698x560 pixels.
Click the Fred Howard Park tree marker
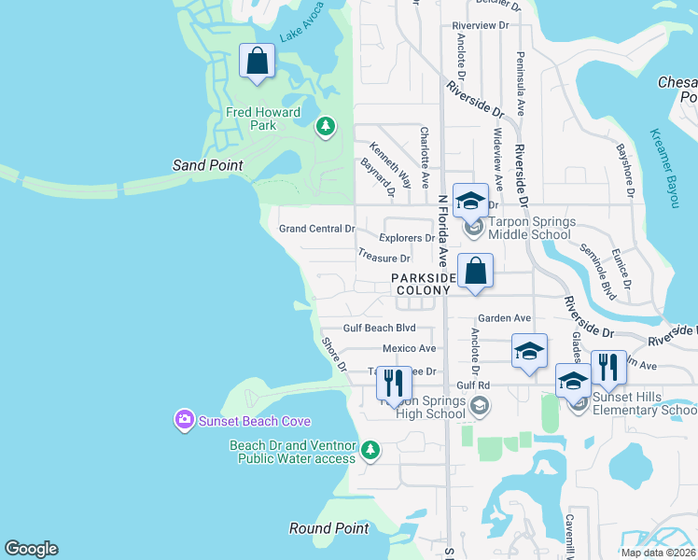pos(325,125)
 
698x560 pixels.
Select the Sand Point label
pos(207,165)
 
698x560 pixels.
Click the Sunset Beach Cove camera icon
pos(184,421)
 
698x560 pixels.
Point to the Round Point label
pos(328,528)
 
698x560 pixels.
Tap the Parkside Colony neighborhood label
pos(423,284)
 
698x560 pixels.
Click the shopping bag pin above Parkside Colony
pos(475,272)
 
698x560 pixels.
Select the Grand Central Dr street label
pos(317,229)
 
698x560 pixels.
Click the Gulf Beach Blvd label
pos(379,329)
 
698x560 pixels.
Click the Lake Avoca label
pos(300,30)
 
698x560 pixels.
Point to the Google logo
pos(31,549)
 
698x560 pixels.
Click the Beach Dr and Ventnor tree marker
pos(370,451)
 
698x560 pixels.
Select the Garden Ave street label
pos(505,318)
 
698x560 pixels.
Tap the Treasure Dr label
pos(384,258)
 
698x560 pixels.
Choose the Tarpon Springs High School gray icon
pos(479,405)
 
